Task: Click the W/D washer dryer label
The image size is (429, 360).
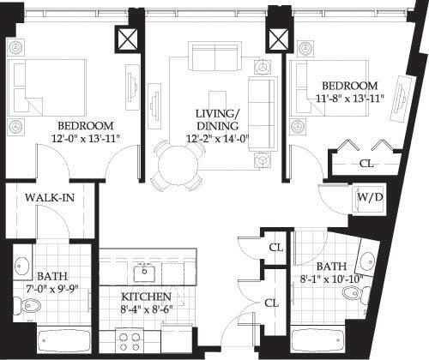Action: pyautogui.click(x=370, y=198)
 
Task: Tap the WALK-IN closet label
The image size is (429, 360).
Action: pyautogui.click(x=48, y=198)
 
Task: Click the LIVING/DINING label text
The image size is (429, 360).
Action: pyautogui.click(x=211, y=117)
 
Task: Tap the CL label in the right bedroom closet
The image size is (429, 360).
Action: pyautogui.click(x=366, y=162)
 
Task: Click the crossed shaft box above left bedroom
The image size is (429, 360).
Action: pyautogui.click(x=128, y=39)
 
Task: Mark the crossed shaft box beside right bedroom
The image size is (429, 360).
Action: pyautogui.click(x=277, y=39)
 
